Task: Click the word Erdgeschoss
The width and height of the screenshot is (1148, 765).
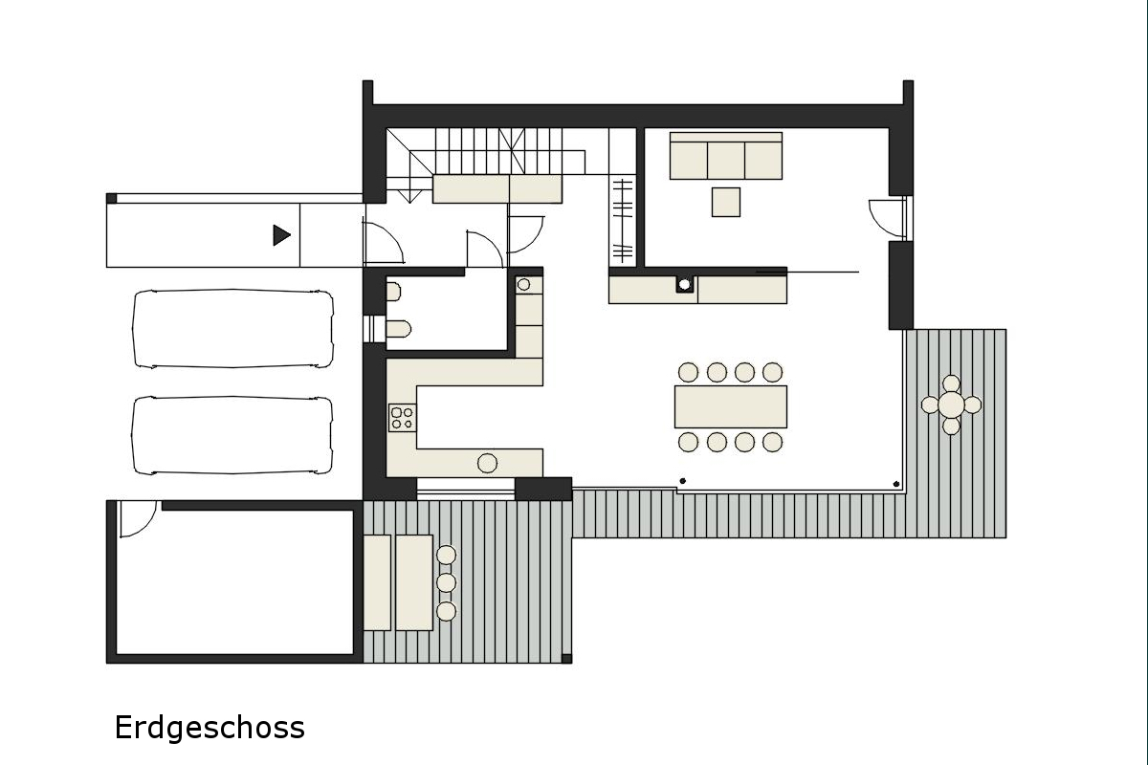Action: tap(210, 728)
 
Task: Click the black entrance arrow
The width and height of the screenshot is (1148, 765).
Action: tap(281, 235)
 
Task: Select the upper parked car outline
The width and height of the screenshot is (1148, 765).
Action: tap(232, 328)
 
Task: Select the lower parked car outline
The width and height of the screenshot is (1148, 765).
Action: tap(232, 435)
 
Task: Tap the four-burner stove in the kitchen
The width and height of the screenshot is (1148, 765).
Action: tap(403, 418)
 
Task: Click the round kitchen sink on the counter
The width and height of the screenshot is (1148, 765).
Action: tap(487, 463)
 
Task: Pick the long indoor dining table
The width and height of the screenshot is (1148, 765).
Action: tap(730, 406)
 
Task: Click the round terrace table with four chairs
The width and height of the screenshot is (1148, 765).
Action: tap(951, 404)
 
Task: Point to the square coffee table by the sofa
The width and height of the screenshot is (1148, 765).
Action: tap(726, 202)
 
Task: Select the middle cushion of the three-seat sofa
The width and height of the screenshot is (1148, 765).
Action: tap(726, 161)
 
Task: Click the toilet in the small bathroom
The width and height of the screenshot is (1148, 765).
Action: tap(398, 329)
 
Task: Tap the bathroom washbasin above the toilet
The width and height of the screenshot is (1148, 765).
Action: tap(393, 292)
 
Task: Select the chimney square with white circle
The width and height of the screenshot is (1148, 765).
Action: tap(684, 284)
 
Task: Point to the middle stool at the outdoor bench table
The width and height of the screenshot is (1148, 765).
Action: tap(446, 582)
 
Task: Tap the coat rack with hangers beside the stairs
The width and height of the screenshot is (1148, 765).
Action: tap(623, 220)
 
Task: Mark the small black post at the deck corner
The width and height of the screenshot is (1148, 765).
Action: tap(566, 659)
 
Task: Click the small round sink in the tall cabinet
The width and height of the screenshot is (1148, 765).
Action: tap(523, 284)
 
